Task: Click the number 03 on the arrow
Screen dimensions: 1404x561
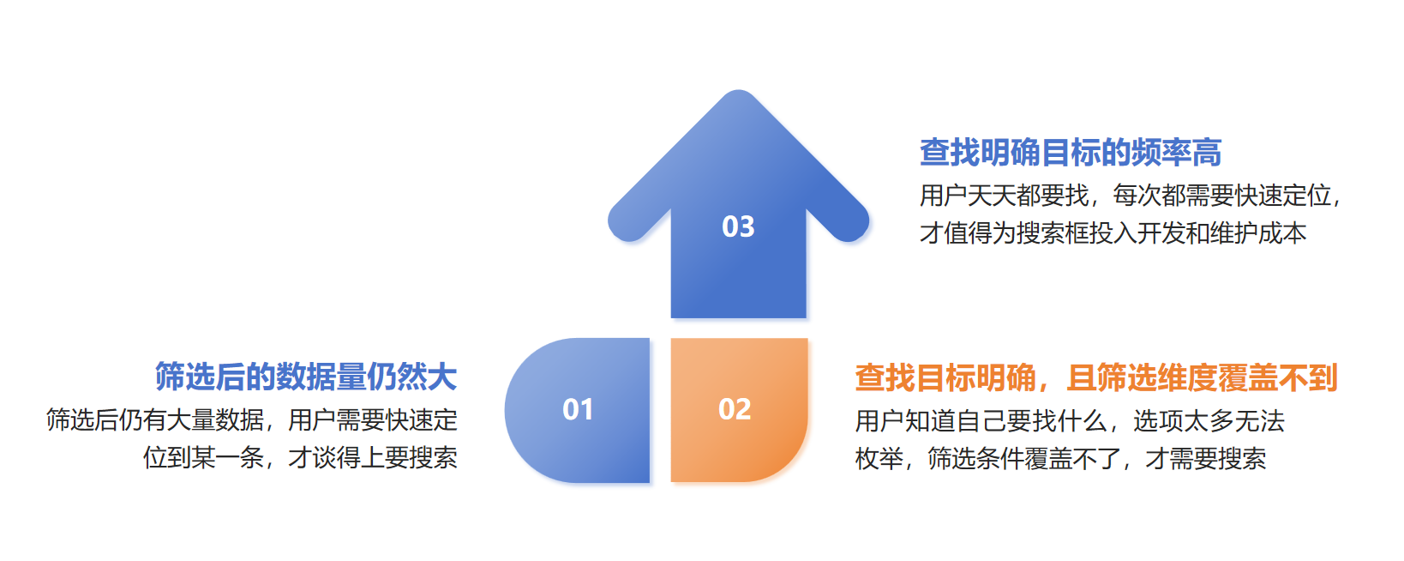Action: pos(738,226)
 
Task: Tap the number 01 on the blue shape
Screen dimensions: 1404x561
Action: pos(577,410)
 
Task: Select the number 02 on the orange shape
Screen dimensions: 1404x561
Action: pos(734,409)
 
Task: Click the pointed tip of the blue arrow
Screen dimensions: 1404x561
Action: pos(738,91)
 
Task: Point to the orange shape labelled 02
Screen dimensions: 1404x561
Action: pos(739,410)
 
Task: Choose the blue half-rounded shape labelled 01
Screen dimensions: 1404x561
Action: pos(577,410)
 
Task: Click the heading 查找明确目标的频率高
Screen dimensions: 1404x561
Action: pos(1071,153)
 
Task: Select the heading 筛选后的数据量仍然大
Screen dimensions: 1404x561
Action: pos(306,377)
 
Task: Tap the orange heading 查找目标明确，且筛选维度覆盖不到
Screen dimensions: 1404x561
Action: pos(1096,377)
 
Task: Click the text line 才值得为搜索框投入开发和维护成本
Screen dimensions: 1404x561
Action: pos(1113,233)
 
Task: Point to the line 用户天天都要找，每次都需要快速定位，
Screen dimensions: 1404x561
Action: pos(1130,196)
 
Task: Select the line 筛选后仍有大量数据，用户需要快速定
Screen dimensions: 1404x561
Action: pos(251,419)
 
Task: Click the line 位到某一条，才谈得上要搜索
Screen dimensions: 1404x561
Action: pos(300,457)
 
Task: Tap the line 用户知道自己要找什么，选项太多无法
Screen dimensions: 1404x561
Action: pos(1070,420)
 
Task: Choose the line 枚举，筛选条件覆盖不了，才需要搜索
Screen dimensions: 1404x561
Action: pos(1060,458)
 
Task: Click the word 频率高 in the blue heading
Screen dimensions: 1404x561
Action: pos(1177,153)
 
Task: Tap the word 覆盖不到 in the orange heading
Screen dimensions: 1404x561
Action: pos(1278,377)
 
